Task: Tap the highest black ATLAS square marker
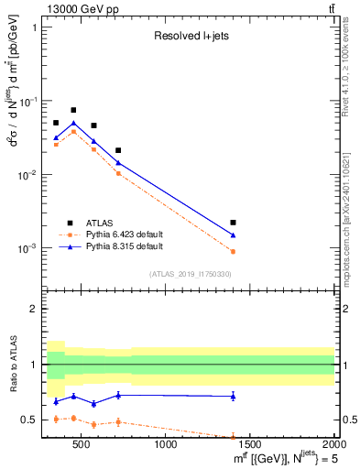coord(73,110)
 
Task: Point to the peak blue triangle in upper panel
coord(73,124)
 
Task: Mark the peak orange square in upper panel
coord(73,132)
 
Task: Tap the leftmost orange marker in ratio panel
coord(56,419)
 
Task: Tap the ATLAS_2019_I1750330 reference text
coord(190,274)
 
